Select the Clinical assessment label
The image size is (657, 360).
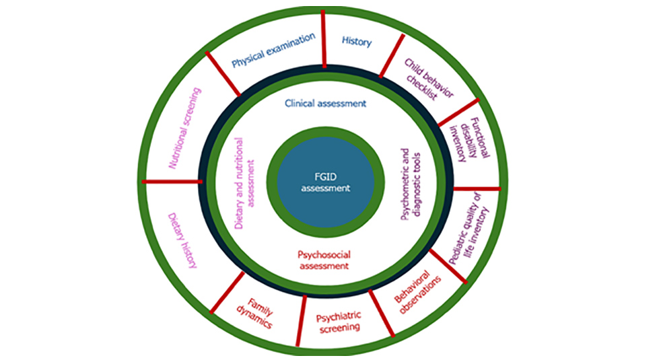325,104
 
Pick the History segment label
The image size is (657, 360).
356,42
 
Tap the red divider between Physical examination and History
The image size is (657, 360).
324,40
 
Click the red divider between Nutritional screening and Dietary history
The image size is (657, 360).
172,180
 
